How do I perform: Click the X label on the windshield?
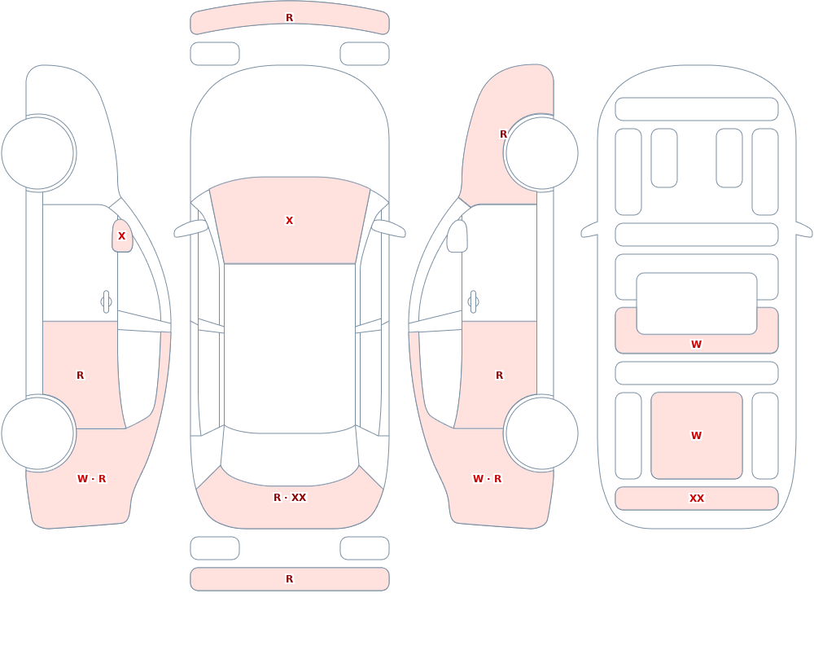pyautogui.click(x=289, y=221)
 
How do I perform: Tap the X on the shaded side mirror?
pyautogui.click(x=121, y=236)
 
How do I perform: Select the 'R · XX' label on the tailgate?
pyautogui.click(x=290, y=498)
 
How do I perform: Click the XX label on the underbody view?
pyautogui.click(x=696, y=498)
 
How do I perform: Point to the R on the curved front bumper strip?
pyautogui.click(x=289, y=18)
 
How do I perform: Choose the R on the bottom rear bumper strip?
pyautogui.click(x=289, y=579)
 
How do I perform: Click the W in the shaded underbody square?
pyautogui.click(x=696, y=436)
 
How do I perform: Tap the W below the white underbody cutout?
pyautogui.click(x=696, y=344)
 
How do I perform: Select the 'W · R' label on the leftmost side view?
pyautogui.click(x=91, y=479)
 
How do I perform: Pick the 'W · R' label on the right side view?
pyautogui.click(x=487, y=479)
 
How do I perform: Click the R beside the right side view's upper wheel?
pyautogui.click(x=503, y=134)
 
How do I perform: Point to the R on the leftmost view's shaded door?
pyautogui.click(x=80, y=376)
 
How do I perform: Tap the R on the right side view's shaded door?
pyautogui.click(x=499, y=376)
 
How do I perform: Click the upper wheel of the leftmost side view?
pyautogui.click(x=37, y=153)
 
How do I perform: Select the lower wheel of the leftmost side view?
pyautogui.click(x=37, y=433)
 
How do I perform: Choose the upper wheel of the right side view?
pyautogui.click(x=542, y=153)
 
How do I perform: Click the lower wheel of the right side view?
pyautogui.click(x=542, y=433)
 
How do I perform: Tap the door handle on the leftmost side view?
pyautogui.click(x=107, y=302)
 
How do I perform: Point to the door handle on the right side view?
pyautogui.click(x=473, y=302)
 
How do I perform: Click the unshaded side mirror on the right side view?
pyautogui.click(x=457, y=236)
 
